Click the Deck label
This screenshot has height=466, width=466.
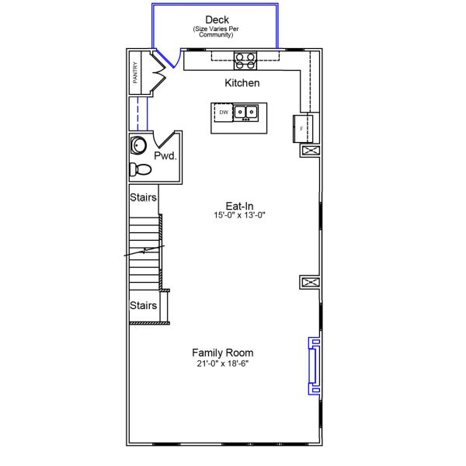tap(217, 19)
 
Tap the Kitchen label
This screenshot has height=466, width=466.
tap(242, 83)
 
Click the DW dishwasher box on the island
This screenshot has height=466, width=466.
tap(224, 113)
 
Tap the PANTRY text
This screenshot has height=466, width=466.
tap(135, 73)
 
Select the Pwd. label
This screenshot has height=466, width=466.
tap(165, 156)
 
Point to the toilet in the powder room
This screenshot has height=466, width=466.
tap(141, 169)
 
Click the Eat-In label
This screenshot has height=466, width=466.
tap(240, 206)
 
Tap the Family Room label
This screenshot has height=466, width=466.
tap(223, 353)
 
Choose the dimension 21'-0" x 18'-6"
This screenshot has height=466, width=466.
tap(223, 363)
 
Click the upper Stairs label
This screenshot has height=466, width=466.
tap(143, 198)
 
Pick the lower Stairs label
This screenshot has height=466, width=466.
tap(143, 305)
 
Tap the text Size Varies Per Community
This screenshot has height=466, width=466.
tap(217, 33)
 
